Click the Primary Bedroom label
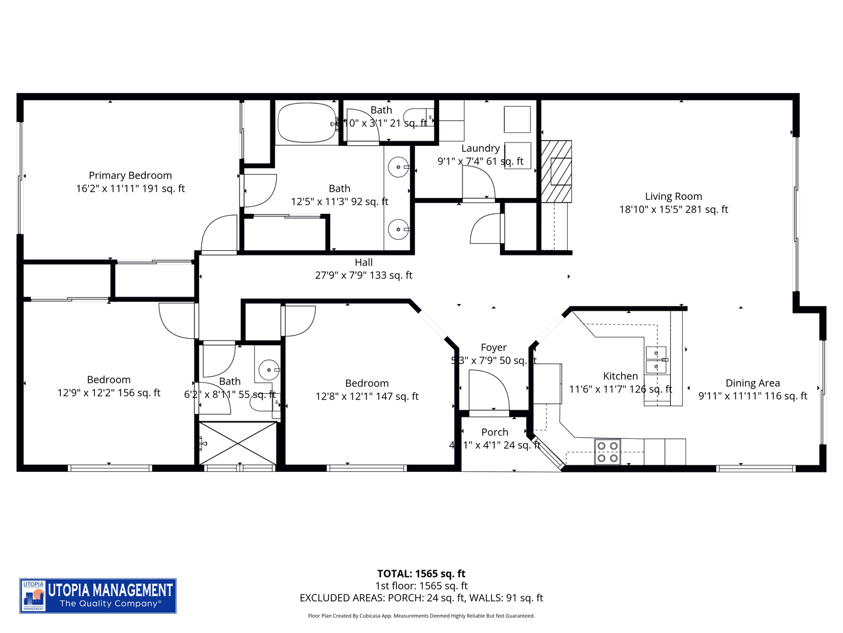click(130, 175)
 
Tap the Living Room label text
click(673, 196)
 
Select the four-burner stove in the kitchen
click(608, 452)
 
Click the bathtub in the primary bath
click(306, 123)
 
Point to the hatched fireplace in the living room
click(556, 171)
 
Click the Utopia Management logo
click(98, 595)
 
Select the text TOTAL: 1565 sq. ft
click(421, 574)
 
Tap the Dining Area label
click(752, 383)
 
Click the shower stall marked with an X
click(237, 443)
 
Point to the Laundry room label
click(480, 148)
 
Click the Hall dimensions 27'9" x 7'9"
click(364, 275)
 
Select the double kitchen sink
click(656, 360)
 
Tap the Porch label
click(495, 432)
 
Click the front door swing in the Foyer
click(489, 392)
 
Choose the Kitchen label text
click(621, 376)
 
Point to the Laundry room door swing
click(478, 183)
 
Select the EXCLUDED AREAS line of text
click(421, 598)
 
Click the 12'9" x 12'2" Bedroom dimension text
click(109, 393)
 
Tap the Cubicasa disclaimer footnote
click(421, 616)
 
